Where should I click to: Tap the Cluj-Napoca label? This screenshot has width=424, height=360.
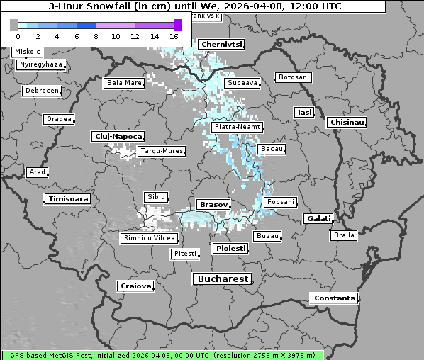[118, 136]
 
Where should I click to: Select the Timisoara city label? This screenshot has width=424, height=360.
[68, 199]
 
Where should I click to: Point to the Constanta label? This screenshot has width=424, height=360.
[335, 298]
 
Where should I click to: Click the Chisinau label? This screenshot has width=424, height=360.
[347, 123]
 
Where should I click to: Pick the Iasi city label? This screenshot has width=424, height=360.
[304, 112]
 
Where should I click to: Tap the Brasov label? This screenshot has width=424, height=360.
[213, 204]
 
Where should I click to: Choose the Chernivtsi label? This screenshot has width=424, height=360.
[222, 44]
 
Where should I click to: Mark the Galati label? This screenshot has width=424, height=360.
[318, 219]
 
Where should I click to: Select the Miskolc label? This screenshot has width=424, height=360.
[28, 52]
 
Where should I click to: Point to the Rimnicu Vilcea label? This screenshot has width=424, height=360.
[148, 238]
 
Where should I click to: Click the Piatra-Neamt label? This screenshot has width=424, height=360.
[238, 127]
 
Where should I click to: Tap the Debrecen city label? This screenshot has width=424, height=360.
[41, 91]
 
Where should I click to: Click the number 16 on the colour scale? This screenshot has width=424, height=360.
[174, 36]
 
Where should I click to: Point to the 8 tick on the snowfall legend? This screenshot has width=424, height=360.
[95, 36]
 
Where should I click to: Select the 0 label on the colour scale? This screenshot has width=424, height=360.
[17, 36]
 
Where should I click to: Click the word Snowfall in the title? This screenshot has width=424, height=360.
[112, 6]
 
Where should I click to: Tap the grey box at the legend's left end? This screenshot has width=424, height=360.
[13, 25]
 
